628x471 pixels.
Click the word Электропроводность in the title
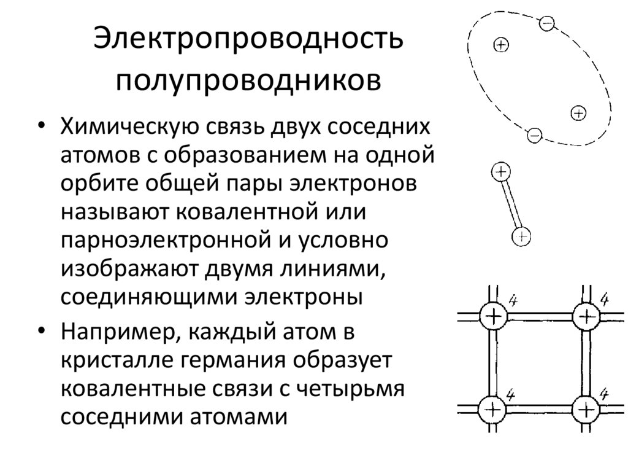pos(248,40)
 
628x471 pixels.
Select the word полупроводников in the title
pos(248,80)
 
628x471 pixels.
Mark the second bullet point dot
pos(41,332)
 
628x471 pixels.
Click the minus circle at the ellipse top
pos(547,24)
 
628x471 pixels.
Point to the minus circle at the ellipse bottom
pos(534,134)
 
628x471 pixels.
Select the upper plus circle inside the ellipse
pos(501,44)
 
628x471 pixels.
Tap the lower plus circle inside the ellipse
pos(578,113)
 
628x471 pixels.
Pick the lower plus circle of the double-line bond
pos(521,235)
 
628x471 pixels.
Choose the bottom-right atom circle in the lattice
pos(586,408)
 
